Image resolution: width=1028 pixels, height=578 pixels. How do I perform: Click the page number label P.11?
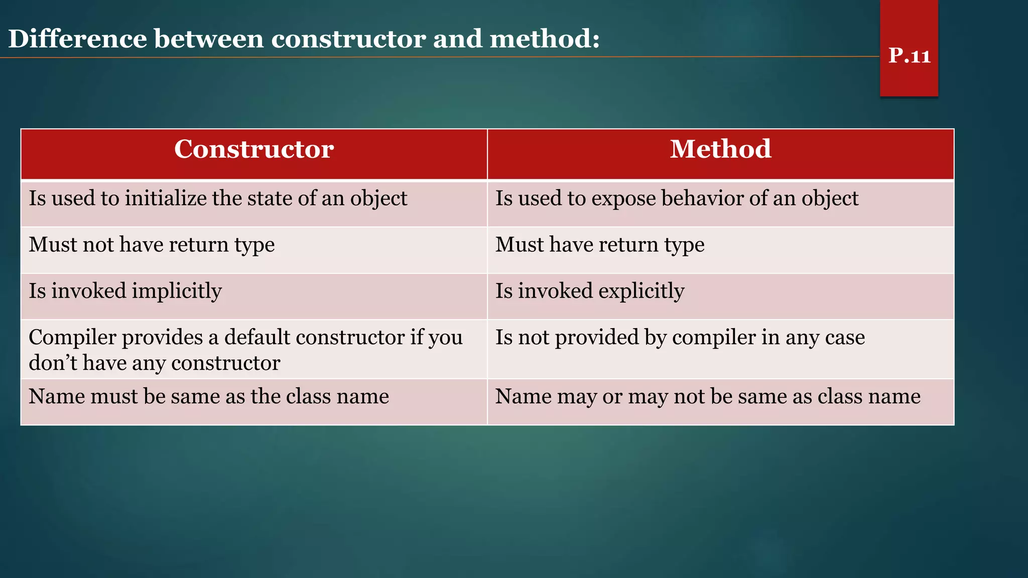pyautogui.click(x=909, y=55)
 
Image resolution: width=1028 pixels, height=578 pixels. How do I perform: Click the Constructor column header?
pyautogui.click(x=254, y=149)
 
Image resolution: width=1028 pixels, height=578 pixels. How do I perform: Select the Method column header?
pyautogui.click(x=720, y=149)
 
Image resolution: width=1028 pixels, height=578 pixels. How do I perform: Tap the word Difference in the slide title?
pyautogui.click(x=77, y=39)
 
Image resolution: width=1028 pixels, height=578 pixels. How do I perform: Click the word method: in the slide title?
pyautogui.click(x=544, y=39)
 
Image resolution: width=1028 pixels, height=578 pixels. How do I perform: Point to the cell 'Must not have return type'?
pyautogui.click(x=152, y=245)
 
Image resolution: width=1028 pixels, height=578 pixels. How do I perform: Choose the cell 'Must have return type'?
pyautogui.click(x=600, y=245)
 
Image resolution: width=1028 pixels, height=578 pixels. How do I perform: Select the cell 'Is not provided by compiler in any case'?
pyautogui.click(x=680, y=338)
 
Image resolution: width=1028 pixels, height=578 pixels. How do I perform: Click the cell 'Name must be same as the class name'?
pyautogui.click(x=209, y=396)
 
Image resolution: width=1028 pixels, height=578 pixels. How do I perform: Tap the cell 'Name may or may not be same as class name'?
pyautogui.click(x=708, y=396)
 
